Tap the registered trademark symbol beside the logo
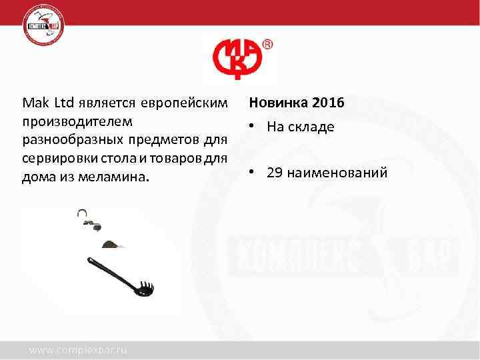click(x=267, y=45)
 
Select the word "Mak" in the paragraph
click(x=32, y=104)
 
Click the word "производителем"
click(x=77, y=123)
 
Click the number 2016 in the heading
click(x=327, y=104)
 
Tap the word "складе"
click(x=311, y=127)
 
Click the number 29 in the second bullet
click(x=274, y=173)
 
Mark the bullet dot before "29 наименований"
click(x=253, y=173)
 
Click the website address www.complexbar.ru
click(x=77, y=349)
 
